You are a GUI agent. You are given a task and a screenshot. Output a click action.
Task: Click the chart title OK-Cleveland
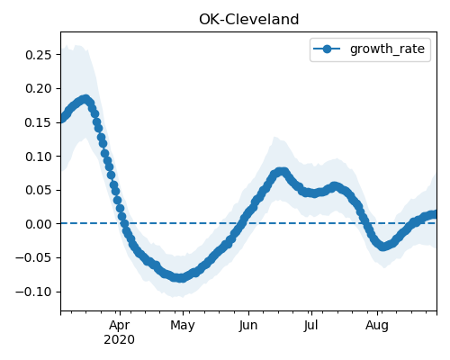pyautogui.click(x=248, y=20)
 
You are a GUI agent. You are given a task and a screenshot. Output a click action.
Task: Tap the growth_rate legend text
pyautogui.click(x=387, y=49)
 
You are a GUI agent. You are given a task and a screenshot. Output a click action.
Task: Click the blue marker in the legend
pyautogui.click(x=327, y=49)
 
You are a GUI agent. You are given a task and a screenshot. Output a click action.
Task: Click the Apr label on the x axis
pyautogui.click(x=120, y=326)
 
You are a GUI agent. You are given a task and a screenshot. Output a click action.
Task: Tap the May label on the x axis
pyautogui.click(x=183, y=326)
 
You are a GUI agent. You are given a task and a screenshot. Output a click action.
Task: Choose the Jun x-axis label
pyautogui.click(x=248, y=326)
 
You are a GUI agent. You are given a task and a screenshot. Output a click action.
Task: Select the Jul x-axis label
pyautogui.click(x=311, y=326)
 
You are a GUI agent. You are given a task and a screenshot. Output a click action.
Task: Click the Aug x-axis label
pyautogui.click(x=377, y=326)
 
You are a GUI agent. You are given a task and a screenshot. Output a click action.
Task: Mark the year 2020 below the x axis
pyautogui.click(x=120, y=340)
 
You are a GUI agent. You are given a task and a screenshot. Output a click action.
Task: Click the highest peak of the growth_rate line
pyautogui.click(x=85, y=99)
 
